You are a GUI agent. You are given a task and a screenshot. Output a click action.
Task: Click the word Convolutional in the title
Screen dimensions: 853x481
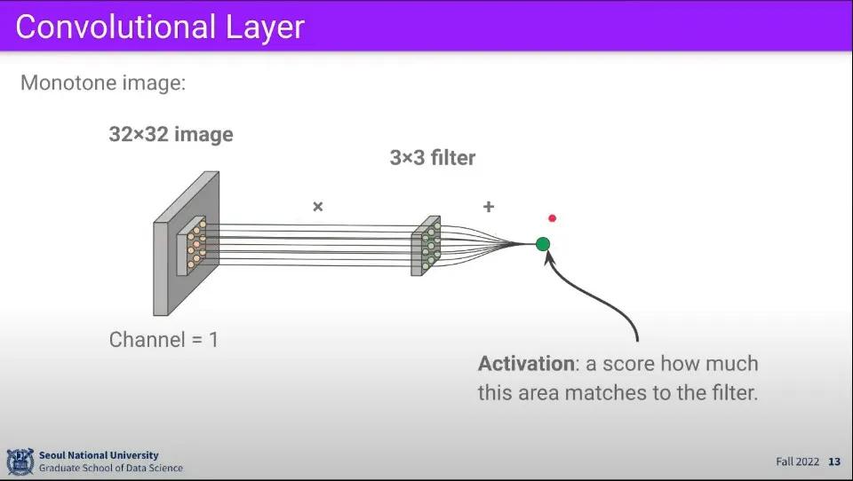116,27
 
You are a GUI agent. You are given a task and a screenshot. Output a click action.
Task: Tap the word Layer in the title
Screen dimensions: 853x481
265,28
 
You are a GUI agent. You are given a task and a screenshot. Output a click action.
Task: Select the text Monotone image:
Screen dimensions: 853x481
103,83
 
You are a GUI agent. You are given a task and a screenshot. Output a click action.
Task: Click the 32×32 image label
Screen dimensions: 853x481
171,134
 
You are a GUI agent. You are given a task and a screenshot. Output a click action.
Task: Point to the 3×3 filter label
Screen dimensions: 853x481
433,158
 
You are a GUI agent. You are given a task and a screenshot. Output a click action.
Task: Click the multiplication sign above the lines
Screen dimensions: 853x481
318,207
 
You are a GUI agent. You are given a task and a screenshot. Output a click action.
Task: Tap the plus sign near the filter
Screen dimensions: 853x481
489,207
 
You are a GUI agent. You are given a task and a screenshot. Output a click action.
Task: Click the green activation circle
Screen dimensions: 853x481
542,244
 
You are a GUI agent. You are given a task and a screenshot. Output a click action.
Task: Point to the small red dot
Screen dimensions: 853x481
552,218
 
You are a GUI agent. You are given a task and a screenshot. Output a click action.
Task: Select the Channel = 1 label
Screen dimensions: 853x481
163,340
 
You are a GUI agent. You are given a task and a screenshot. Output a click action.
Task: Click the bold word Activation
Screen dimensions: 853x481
526,363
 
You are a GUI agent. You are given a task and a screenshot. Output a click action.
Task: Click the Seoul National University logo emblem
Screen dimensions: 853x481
20,461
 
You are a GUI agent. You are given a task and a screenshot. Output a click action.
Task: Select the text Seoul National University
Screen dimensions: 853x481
99,455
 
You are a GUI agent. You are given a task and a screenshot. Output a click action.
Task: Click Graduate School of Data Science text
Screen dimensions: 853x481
111,468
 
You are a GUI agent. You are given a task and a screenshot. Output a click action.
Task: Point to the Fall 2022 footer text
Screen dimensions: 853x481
798,461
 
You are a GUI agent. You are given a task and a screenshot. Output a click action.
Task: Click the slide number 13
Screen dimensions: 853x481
834,461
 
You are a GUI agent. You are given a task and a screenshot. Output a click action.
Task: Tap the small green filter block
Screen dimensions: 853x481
426,246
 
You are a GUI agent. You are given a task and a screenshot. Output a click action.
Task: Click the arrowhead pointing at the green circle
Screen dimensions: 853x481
549,257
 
